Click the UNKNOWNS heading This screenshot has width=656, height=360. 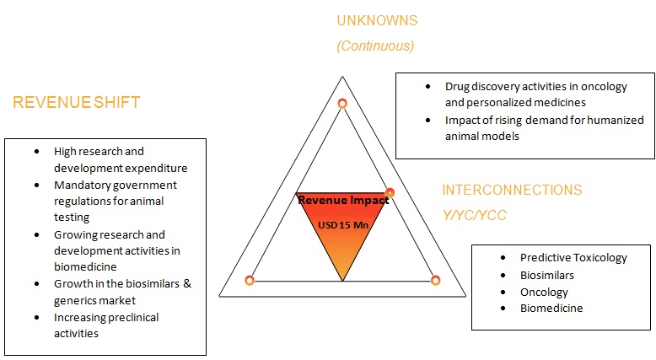click(377, 20)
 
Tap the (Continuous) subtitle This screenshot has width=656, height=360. click(375, 46)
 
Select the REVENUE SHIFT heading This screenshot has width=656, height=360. click(77, 103)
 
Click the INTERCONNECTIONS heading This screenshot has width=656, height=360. click(512, 191)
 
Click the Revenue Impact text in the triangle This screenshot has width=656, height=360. click(343, 201)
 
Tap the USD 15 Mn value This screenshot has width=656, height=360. click(341, 225)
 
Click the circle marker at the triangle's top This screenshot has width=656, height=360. click(342, 103)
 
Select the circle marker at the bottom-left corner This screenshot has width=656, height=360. click(250, 280)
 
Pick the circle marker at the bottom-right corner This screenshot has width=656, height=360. click(436, 280)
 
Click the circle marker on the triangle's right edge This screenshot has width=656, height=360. click(390, 193)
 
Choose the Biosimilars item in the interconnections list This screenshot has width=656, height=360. click(546, 275)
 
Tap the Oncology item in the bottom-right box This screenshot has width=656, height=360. click(544, 292)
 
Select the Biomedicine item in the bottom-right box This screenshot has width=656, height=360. click(551, 308)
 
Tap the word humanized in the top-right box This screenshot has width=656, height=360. click(606, 120)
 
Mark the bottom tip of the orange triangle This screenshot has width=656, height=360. click(342, 280)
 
